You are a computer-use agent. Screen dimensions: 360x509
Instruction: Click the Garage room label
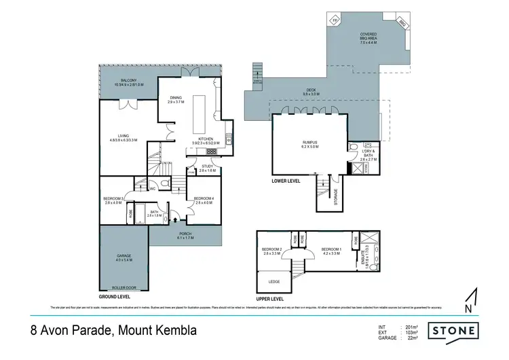point(124,256)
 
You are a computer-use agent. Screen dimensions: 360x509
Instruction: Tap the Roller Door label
point(124,288)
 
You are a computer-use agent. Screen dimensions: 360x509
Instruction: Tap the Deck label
point(310,93)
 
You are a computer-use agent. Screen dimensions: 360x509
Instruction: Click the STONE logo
point(453,331)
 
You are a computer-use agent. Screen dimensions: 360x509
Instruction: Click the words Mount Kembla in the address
point(157,331)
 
